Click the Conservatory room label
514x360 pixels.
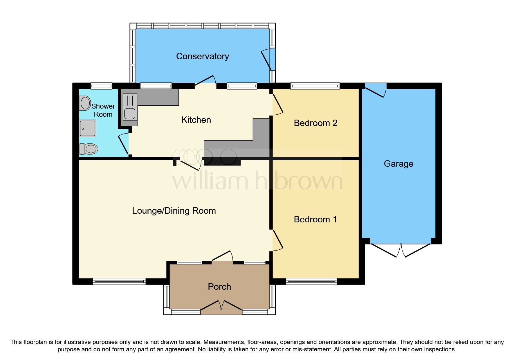click(x=202, y=56)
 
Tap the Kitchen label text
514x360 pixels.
click(x=196, y=120)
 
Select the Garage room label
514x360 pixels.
click(x=398, y=163)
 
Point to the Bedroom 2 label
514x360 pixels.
click(x=315, y=123)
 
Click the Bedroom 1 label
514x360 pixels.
click(x=315, y=219)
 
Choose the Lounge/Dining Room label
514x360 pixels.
click(x=174, y=210)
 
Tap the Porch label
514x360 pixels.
click(x=219, y=287)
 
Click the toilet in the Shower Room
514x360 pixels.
click(x=88, y=149)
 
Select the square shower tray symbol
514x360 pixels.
click(x=87, y=128)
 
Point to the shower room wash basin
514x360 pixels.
click(x=85, y=103)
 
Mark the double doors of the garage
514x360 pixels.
click(x=401, y=250)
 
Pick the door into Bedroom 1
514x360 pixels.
click(x=277, y=240)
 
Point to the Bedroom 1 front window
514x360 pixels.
click(x=311, y=281)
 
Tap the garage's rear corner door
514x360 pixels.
click(x=376, y=90)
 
